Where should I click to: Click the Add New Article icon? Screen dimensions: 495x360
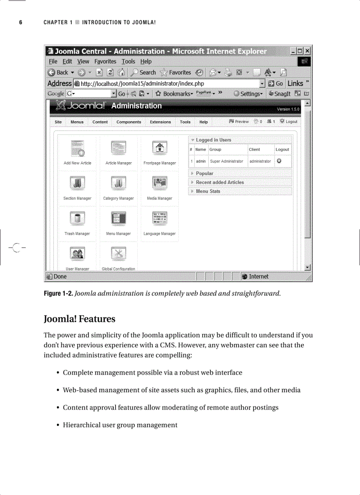77,148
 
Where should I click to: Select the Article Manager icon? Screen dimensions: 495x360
118,148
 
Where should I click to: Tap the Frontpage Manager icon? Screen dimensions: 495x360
159,148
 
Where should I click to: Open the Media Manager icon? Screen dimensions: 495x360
159,183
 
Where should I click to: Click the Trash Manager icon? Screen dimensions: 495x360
77,218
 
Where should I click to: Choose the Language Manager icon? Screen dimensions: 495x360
159,218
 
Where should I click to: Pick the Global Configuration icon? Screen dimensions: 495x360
118,253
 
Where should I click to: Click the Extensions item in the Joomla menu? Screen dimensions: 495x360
160,122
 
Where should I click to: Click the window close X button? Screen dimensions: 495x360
307,52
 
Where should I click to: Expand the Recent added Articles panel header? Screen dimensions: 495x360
220,182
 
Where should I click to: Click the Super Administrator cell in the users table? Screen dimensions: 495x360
226,161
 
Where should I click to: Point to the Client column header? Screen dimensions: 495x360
255,149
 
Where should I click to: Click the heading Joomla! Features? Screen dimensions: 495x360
79,319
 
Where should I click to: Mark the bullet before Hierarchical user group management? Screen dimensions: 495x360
58,425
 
